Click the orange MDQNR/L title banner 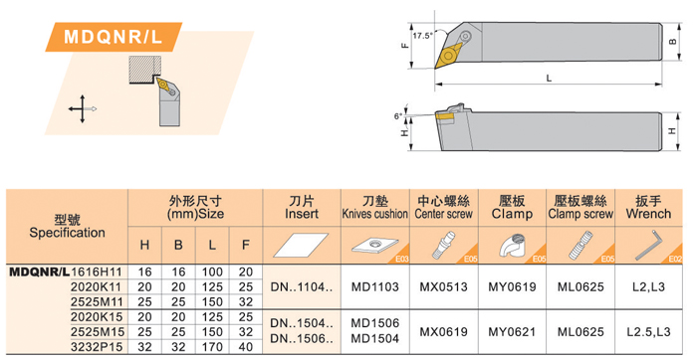coord(114,37)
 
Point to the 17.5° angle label coord(423,36)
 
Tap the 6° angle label coord(398,116)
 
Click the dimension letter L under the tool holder coord(549,79)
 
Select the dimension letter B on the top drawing coord(672,42)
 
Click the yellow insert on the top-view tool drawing coord(449,56)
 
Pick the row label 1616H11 coord(97,271)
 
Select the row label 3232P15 coord(97,347)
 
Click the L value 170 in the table coord(212,347)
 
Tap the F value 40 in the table coord(245,347)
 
